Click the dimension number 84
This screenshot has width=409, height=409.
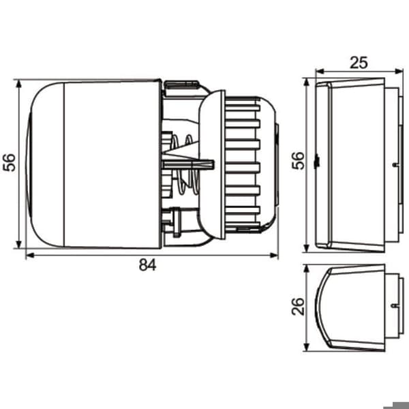click(148, 264)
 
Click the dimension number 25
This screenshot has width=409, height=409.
click(359, 63)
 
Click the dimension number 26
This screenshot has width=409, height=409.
click(298, 307)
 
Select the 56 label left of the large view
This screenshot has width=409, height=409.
click(9, 162)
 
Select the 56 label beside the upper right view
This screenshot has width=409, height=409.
click(298, 161)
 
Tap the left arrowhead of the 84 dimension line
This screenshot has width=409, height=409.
click(30, 255)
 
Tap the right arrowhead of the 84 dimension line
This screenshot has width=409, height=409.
click(274, 255)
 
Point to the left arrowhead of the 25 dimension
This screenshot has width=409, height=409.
click(320, 71)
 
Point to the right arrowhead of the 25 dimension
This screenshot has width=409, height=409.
click(399, 71)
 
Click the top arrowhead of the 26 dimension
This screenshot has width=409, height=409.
click(307, 269)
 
